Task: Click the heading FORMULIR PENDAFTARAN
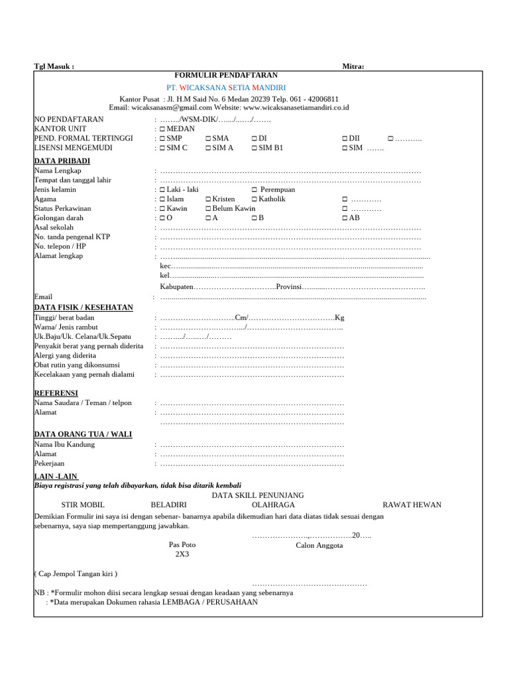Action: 226,76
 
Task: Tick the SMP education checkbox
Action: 162,138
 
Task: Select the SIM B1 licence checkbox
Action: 254,148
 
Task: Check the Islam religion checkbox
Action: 162,199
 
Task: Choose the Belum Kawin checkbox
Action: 208,208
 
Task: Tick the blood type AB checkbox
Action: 345,217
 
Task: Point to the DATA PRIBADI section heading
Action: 62,161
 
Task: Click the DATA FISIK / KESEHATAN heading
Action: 84,308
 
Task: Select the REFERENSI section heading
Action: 56,393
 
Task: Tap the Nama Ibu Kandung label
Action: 64,444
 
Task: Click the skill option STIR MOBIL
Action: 84,505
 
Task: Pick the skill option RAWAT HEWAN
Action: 412,505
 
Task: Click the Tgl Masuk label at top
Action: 54,66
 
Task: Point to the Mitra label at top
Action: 353,66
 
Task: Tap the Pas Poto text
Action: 182,544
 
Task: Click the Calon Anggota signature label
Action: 319,545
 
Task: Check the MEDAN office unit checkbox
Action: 162,129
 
